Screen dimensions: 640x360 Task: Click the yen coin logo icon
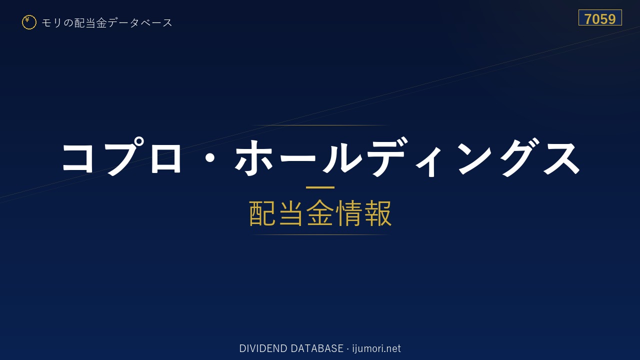(x=29, y=22)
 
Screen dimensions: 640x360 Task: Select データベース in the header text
(x=140, y=23)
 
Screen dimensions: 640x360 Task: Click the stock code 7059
(x=600, y=19)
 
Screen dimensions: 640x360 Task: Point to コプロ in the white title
(x=122, y=156)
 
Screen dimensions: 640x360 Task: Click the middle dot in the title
(x=210, y=158)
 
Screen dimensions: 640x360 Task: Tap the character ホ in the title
(x=254, y=157)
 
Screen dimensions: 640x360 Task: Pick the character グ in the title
(x=519, y=157)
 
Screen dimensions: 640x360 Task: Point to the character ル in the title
(x=342, y=157)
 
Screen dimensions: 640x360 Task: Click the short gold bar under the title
(x=320, y=187)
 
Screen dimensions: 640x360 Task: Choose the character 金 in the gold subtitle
(x=320, y=213)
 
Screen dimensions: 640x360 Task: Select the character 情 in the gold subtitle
(x=349, y=213)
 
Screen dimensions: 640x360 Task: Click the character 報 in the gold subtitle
(x=377, y=213)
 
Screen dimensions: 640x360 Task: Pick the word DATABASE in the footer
(x=317, y=348)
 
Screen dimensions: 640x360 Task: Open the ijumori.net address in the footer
(x=376, y=349)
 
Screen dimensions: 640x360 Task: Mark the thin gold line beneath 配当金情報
(x=320, y=235)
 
